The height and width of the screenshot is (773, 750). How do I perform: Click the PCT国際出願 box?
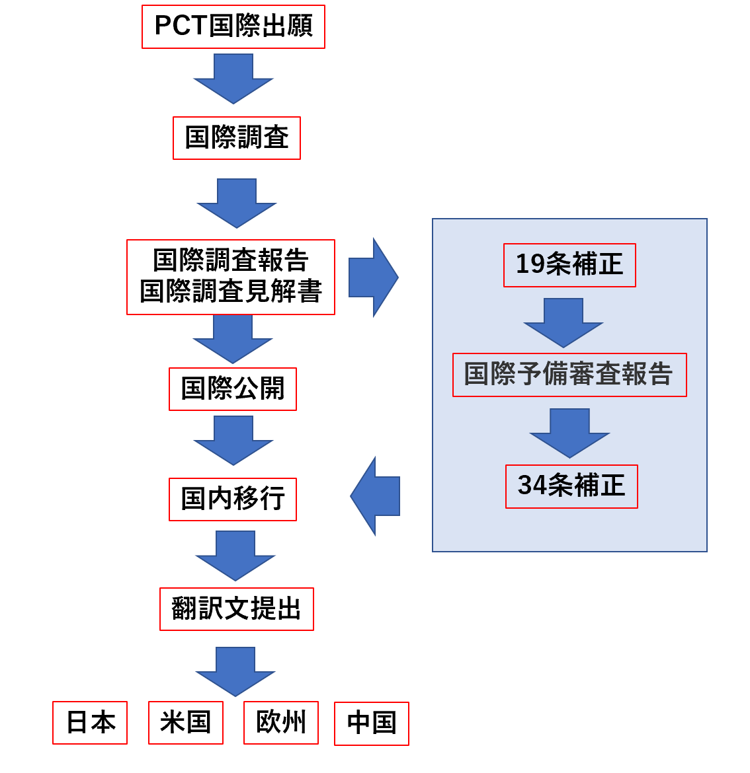pyautogui.click(x=233, y=27)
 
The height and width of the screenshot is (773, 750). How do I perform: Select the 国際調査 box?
pyautogui.click(x=237, y=138)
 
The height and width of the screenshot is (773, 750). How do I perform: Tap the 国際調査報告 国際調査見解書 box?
pyautogui.click(x=231, y=277)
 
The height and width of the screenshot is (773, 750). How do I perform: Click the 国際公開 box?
pyautogui.click(x=233, y=389)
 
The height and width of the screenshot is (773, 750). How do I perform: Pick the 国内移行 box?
pyautogui.click(x=233, y=499)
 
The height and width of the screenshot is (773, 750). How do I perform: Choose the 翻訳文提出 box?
pyautogui.click(x=237, y=609)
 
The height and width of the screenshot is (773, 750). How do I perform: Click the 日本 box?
pyautogui.click(x=90, y=723)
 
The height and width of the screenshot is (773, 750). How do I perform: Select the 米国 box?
pyautogui.click(x=186, y=723)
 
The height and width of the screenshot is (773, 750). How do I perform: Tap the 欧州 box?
pyautogui.click(x=281, y=723)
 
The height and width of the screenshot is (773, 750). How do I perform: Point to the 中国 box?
pyautogui.click(x=372, y=723)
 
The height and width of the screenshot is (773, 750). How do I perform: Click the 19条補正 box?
pyautogui.click(x=569, y=265)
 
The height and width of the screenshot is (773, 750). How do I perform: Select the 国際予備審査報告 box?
pyautogui.click(x=569, y=375)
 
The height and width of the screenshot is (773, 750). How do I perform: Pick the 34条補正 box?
pyautogui.click(x=571, y=486)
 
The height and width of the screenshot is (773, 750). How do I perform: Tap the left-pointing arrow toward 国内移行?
pyautogui.click(x=376, y=496)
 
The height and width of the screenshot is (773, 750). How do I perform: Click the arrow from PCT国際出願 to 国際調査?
pyautogui.click(x=233, y=77)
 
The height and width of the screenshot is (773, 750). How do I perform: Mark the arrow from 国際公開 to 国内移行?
pyautogui.click(x=233, y=439)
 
